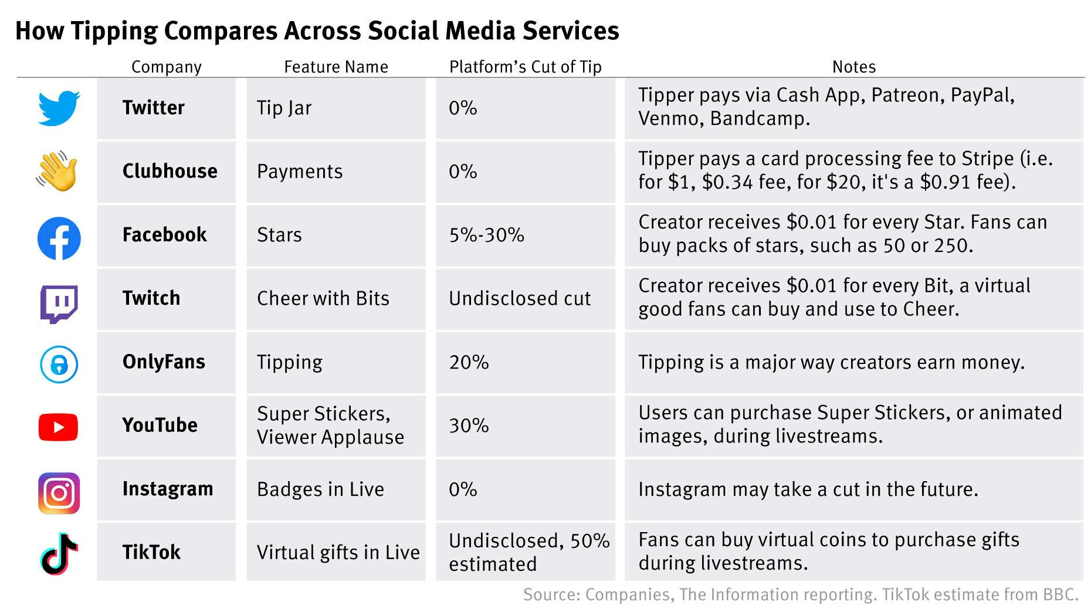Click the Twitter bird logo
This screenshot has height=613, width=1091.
coord(59,108)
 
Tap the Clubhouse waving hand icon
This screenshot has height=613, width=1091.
coord(57,172)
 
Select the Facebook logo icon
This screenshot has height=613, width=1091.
coord(59,239)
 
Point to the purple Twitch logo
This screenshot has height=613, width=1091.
coord(59,304)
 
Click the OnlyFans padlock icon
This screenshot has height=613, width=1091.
coord(59,365)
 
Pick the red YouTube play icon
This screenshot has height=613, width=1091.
coord(58,427)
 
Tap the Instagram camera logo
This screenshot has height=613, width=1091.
coord(59,493)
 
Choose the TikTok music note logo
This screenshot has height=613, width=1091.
coord(59,554)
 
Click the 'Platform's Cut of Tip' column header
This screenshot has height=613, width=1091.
coord(525,67)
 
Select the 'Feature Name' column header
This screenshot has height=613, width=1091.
coord(336,67)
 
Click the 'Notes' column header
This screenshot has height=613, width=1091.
coord(853,67)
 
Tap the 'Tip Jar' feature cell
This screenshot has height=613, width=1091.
coord(284,108)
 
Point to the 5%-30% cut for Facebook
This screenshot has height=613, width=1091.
coord(486,235)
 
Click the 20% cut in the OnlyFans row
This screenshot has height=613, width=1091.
coord(469,362)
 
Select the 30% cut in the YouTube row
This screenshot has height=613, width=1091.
coord(469,425)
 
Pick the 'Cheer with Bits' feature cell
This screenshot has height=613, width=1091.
coord(323,298)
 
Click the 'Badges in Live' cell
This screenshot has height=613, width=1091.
coord(320,489)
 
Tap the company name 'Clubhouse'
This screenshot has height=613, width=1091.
coord(170,171)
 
